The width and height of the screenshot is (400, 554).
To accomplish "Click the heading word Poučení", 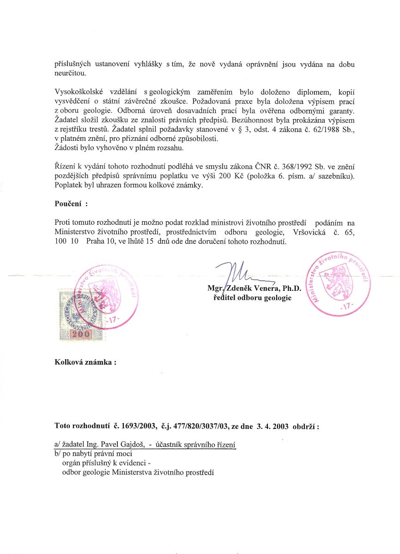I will coord(68,204).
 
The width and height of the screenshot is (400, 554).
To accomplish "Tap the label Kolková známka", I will coord(84,362).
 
